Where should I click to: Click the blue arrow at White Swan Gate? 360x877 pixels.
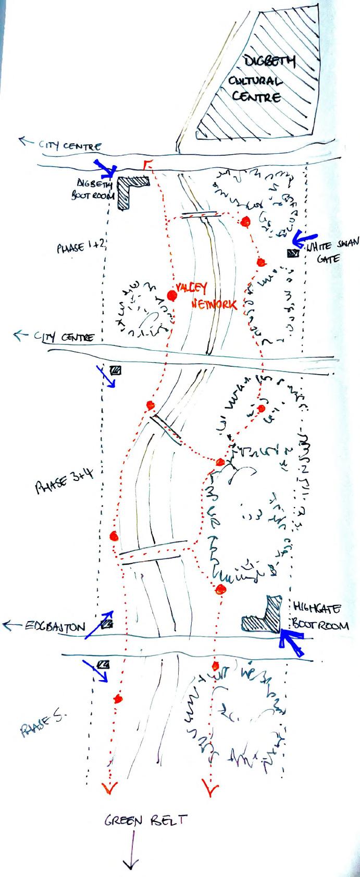coord(300,239)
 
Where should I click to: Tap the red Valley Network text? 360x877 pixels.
coord(206,295)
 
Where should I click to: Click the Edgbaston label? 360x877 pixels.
coord(54,626)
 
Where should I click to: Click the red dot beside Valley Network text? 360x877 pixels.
coord(171,295)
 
